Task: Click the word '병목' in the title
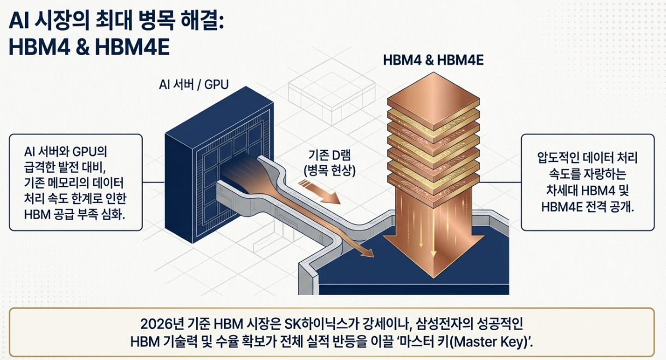click(160, 22)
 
